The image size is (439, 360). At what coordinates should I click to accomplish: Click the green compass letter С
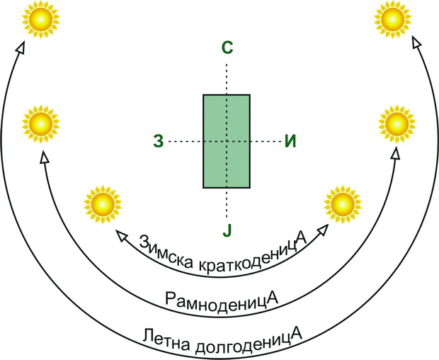(227, 47)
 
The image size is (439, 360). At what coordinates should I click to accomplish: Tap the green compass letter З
(158, 141)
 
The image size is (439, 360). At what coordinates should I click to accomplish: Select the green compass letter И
(290, 141)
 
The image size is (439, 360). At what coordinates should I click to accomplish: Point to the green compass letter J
(227, 231)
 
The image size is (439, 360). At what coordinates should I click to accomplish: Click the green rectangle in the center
(227, 141)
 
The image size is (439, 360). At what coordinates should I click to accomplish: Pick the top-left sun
(41, 19)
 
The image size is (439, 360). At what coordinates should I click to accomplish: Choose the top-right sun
(392, 19)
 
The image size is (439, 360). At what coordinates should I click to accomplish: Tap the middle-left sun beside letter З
(41, 124)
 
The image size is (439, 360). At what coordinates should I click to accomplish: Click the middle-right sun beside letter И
(397, 124)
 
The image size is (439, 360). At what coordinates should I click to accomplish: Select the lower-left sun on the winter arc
(103, 204)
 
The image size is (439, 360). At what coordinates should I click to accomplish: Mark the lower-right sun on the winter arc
(343, 204)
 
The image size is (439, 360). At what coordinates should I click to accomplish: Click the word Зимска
(166, 252)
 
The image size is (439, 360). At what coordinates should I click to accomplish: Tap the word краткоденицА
(253, 257)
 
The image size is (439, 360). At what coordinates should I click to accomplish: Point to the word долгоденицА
(248, 341)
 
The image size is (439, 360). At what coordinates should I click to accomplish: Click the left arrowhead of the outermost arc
(20, 47)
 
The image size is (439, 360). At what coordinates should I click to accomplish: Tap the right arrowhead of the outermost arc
(417, 42)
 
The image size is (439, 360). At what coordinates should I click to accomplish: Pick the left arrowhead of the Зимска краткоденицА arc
(122, 235)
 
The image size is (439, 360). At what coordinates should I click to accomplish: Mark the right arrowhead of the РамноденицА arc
(396, 153)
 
